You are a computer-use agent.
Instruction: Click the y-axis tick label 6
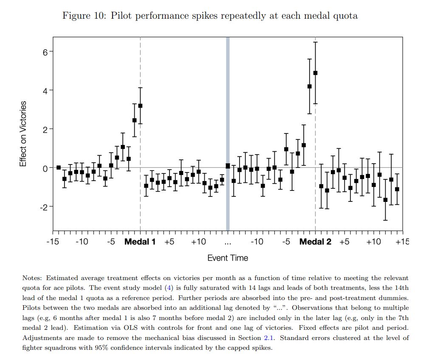[x=45, y=51]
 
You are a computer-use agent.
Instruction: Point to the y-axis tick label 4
[x=45, y=90]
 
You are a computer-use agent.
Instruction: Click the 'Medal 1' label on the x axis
[x=140, y=242]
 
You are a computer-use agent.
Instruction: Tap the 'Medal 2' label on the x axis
[x=315, y=242]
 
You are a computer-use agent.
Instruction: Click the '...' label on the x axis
[x=228, y=243]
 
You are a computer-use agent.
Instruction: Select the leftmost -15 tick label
[x=53, y=242]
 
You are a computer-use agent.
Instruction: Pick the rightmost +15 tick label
[x=402, y=242]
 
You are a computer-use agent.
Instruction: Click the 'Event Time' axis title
[x=228, y=258]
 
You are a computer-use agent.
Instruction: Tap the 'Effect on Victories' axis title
[x=24, y=133]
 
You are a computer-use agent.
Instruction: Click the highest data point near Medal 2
[x=315, y=73]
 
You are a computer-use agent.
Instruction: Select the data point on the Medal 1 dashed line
[x=140, y=105]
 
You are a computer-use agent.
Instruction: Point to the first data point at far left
[x=59, y=167]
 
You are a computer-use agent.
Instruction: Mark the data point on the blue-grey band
[x=228, y=166]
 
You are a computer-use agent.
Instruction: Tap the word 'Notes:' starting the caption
[x=32, y=278]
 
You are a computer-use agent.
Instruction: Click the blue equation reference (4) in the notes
[x=169, y=288]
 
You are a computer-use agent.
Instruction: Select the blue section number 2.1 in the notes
[x=268, y=337]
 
